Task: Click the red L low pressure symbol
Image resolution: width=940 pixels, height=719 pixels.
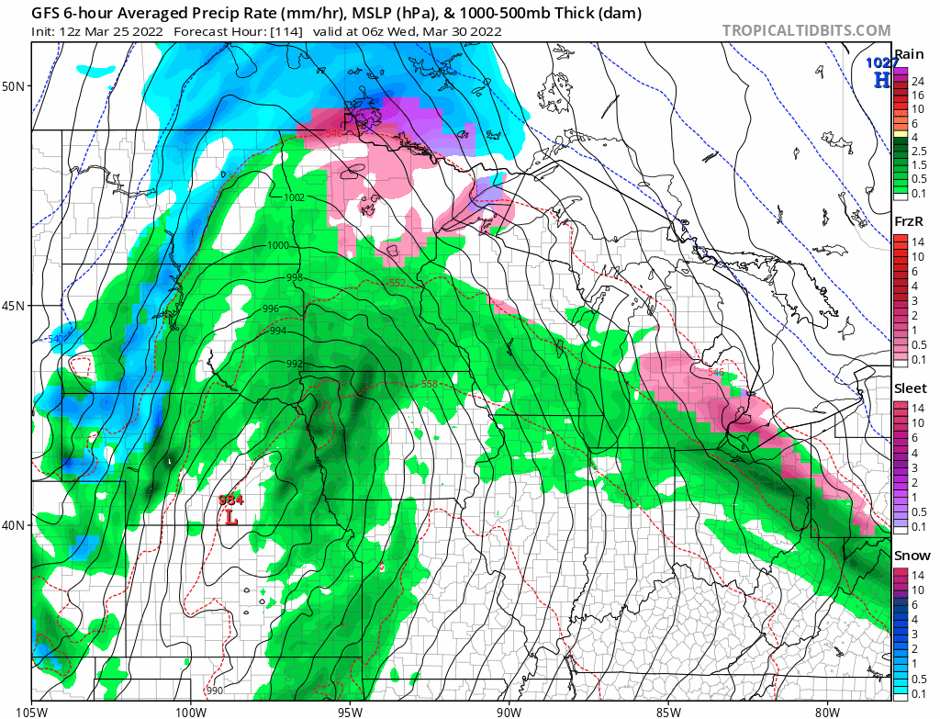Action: point(230,518)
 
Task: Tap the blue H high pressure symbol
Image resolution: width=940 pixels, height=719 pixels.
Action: point(881,80)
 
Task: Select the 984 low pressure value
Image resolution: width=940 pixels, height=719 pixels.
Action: point(230,500)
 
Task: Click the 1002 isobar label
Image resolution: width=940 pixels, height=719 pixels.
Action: point(295,197)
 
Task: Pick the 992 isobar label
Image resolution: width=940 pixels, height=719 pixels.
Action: point(295,365)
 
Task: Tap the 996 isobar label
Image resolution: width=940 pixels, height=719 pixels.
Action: point(271,309)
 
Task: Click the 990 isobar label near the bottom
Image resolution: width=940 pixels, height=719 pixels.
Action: point(214,691)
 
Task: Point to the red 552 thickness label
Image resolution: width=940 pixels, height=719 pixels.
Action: point(397,283)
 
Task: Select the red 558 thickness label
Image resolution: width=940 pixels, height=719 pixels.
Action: point(429,384)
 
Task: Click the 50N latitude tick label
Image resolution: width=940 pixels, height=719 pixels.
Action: point(14,86)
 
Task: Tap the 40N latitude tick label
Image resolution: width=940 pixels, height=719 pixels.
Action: point(14,525)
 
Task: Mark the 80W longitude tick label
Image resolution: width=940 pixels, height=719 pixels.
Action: point(827,710)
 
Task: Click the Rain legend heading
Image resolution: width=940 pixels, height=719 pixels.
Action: point(909,53)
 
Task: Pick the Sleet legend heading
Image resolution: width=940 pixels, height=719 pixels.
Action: point(911,388)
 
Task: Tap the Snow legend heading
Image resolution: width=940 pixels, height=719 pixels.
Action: point(912,556)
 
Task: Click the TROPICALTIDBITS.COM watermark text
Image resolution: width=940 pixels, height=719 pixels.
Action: point(805,30)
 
